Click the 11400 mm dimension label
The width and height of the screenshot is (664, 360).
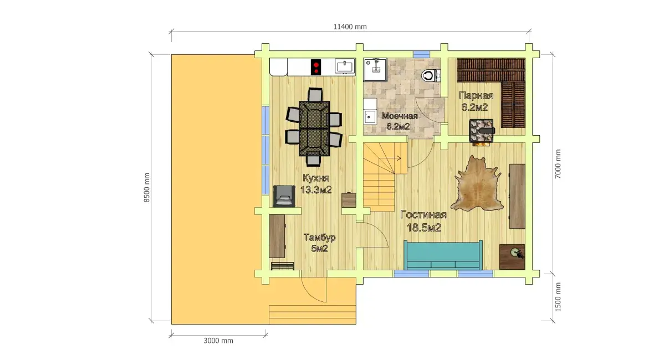(350, 27)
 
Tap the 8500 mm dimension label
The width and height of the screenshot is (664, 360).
(147, 187)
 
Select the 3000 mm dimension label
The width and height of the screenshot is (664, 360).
(218, 341)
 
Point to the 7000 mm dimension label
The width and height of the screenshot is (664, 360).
(558, 164)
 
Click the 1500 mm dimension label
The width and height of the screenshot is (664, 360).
(558, 297)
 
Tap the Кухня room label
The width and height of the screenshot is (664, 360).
(316, 178)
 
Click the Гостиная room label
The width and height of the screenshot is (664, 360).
(423, 215)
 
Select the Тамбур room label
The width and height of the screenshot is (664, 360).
(320, 238)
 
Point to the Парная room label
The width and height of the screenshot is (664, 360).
(477, 96)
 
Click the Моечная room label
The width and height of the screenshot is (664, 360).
(399, 116)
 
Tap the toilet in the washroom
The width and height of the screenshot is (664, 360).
(431, 75)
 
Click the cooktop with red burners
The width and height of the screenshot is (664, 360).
(316, 67)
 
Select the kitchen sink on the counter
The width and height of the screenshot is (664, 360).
(345, 66)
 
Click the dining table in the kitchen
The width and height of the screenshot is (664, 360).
(314, 128)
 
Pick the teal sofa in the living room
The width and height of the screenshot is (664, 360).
(443, 255)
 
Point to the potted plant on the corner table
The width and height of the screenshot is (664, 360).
(517, 253)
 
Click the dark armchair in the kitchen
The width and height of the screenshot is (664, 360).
(284, 196)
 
